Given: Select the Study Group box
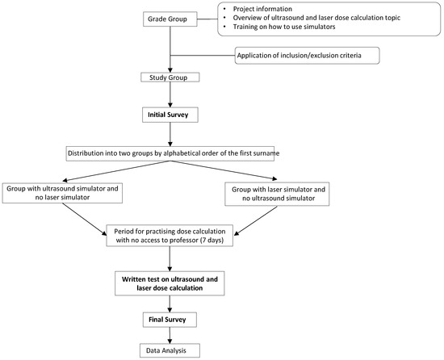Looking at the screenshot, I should point(170,78).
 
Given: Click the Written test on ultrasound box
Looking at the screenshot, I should point(170,283).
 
